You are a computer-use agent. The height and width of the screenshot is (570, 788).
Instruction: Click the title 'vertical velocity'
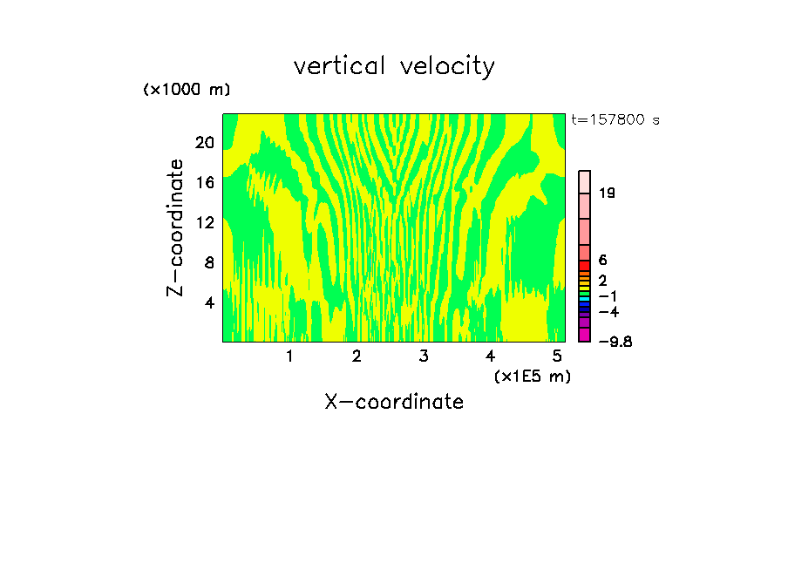click(x=394, y=66)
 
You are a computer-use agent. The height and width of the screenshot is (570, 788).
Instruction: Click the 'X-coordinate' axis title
click(x=394, y=402)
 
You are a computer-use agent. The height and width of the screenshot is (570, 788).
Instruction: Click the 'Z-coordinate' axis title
click(x=176, y=227)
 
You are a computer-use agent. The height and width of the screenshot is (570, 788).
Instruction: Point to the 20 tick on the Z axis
click(x=205, y=143)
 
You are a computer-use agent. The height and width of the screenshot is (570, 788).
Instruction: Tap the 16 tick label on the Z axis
click(x=205, y=183)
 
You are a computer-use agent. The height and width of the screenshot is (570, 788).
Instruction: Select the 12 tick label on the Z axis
click(x=205, y=222)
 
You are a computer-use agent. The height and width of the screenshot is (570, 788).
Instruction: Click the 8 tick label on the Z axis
click(x=209, y=262)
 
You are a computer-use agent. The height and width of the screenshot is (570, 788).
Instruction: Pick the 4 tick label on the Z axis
click(x=209, y=302)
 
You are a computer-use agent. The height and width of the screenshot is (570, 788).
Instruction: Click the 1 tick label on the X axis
click(x=289, y=356)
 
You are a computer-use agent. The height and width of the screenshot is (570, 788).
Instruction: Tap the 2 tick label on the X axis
click(x=357, y=356)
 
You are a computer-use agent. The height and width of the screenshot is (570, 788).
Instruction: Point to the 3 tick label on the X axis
click(x=424, y=356)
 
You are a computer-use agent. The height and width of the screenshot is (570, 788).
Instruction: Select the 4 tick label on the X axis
click(x=491, y=356)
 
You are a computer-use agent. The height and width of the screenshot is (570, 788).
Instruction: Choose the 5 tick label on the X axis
click(x=557, y=356)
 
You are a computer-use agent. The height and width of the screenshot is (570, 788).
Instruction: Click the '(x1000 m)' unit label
click(x=187, y=90)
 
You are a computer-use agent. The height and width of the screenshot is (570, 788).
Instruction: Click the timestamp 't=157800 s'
click(x=615, y=119)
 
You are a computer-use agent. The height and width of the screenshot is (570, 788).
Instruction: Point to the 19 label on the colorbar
click(x=608, y=193)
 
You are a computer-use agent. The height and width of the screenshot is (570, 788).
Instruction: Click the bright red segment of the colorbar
click(x=585, y=265)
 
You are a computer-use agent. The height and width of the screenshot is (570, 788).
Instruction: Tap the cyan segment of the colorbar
click(x=585, y=299)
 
